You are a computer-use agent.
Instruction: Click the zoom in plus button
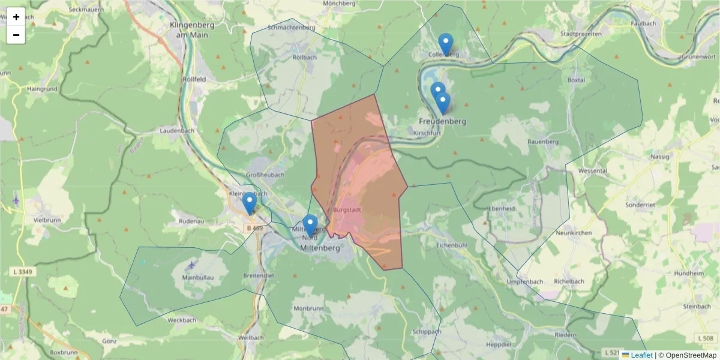click(16, 17)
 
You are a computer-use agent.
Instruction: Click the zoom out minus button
click(16, 35)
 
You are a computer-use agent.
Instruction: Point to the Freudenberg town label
click(442, 121)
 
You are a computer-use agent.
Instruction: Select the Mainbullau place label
click(198, 278)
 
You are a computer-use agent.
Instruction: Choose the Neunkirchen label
click(575, 232)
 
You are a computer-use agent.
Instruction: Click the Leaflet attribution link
click(641, 355)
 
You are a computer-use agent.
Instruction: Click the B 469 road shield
click(254, 228)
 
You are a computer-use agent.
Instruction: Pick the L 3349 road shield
click(22, 272)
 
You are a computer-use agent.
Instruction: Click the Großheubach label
click(265, 175)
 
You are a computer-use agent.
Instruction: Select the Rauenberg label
click(543, 142)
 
